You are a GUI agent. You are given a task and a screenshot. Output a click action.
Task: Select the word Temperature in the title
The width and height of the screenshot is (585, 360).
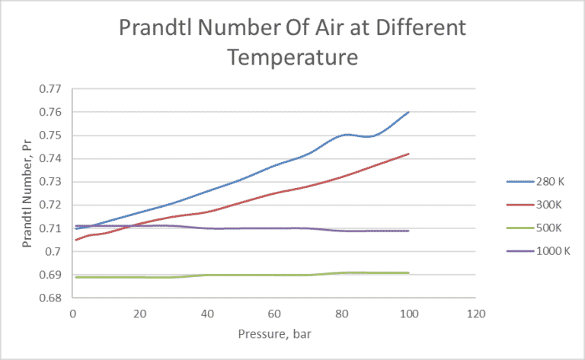click(292, 57)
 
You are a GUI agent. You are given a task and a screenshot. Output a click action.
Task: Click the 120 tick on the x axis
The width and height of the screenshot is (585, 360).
click(476, 312)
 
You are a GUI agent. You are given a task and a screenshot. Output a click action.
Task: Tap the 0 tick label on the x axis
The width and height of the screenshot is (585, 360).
click(72, 312)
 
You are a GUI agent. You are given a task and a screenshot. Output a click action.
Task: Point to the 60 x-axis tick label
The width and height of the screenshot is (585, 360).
click(274, 312)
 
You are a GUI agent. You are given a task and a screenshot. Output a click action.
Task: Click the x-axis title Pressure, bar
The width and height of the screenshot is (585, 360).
click(273, 333)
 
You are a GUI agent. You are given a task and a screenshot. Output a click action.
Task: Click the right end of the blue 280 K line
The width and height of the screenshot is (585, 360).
click(409, 112)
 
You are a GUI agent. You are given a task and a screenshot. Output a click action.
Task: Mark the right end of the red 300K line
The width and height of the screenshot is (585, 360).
click(409, 154)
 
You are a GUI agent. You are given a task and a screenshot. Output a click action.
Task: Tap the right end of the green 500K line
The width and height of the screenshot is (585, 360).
click(409, 272)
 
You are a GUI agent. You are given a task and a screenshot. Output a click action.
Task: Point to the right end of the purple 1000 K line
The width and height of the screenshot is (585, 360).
click(409, 231)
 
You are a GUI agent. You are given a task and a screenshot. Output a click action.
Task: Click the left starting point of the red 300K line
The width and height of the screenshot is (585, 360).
click(75, 240)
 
